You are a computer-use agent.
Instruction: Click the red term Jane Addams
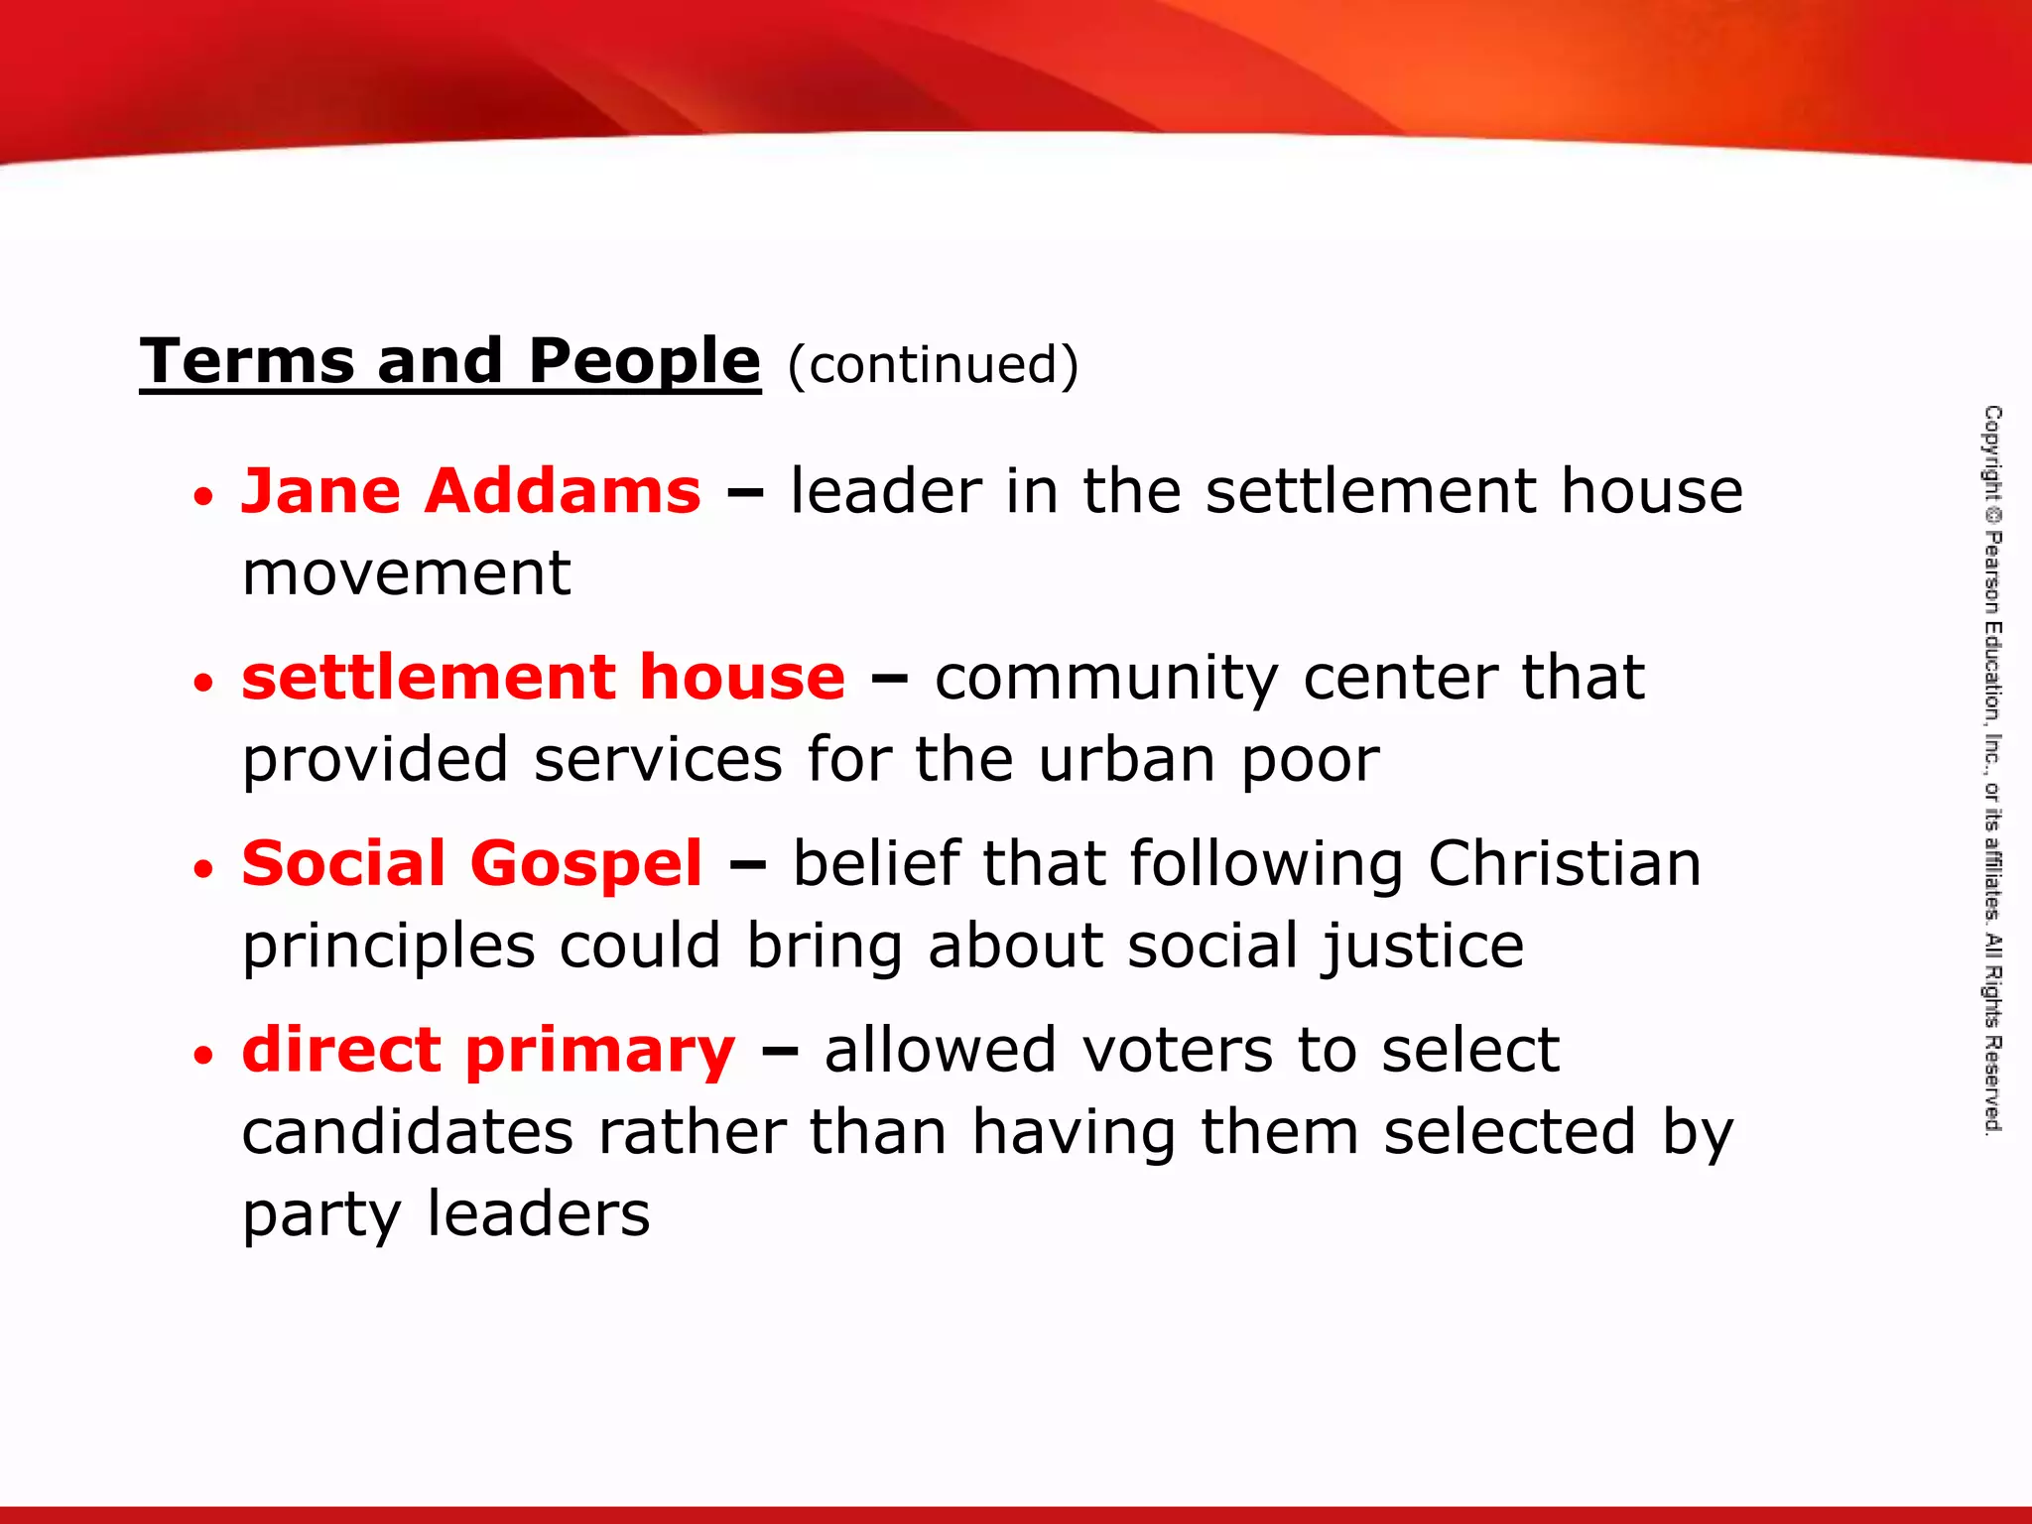point(471,491)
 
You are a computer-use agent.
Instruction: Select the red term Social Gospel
point(472,863)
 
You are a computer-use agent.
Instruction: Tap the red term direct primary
point(488,1050)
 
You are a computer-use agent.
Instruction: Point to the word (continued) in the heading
point(933,364)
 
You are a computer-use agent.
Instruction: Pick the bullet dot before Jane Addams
point(203,496)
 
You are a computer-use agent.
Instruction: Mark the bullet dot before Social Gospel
point(203,869)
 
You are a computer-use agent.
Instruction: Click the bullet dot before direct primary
point(203,1055)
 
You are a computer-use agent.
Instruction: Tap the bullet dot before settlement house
point(203,683)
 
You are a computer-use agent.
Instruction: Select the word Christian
point(1565,863)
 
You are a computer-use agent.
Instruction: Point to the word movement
point(407,573)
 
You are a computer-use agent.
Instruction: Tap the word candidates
point(408,1132)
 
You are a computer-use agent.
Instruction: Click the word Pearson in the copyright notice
point(1992,571)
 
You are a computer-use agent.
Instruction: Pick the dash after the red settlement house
point(889,680)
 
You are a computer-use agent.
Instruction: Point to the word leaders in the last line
point(538,1213)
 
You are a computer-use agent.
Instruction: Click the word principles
point(389,947)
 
